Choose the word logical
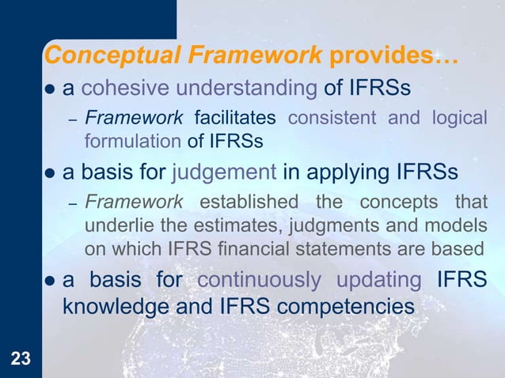pos(459,119)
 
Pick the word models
pos(458,227)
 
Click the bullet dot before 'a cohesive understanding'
pos(50,88)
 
